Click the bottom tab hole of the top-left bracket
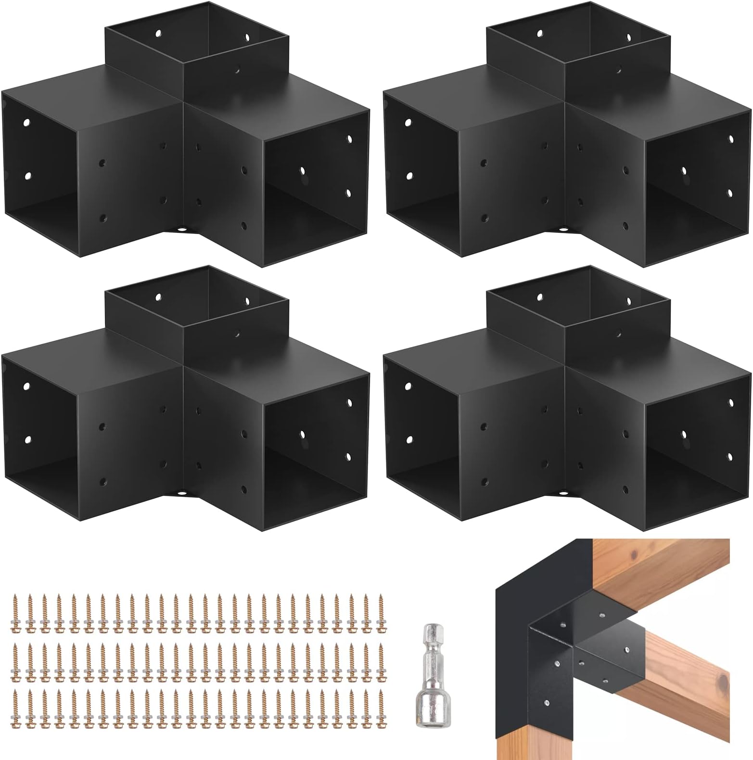[182, 231]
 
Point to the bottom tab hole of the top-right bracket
[563, 231]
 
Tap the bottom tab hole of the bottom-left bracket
[182, 494]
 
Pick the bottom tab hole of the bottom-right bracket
[563, 494]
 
